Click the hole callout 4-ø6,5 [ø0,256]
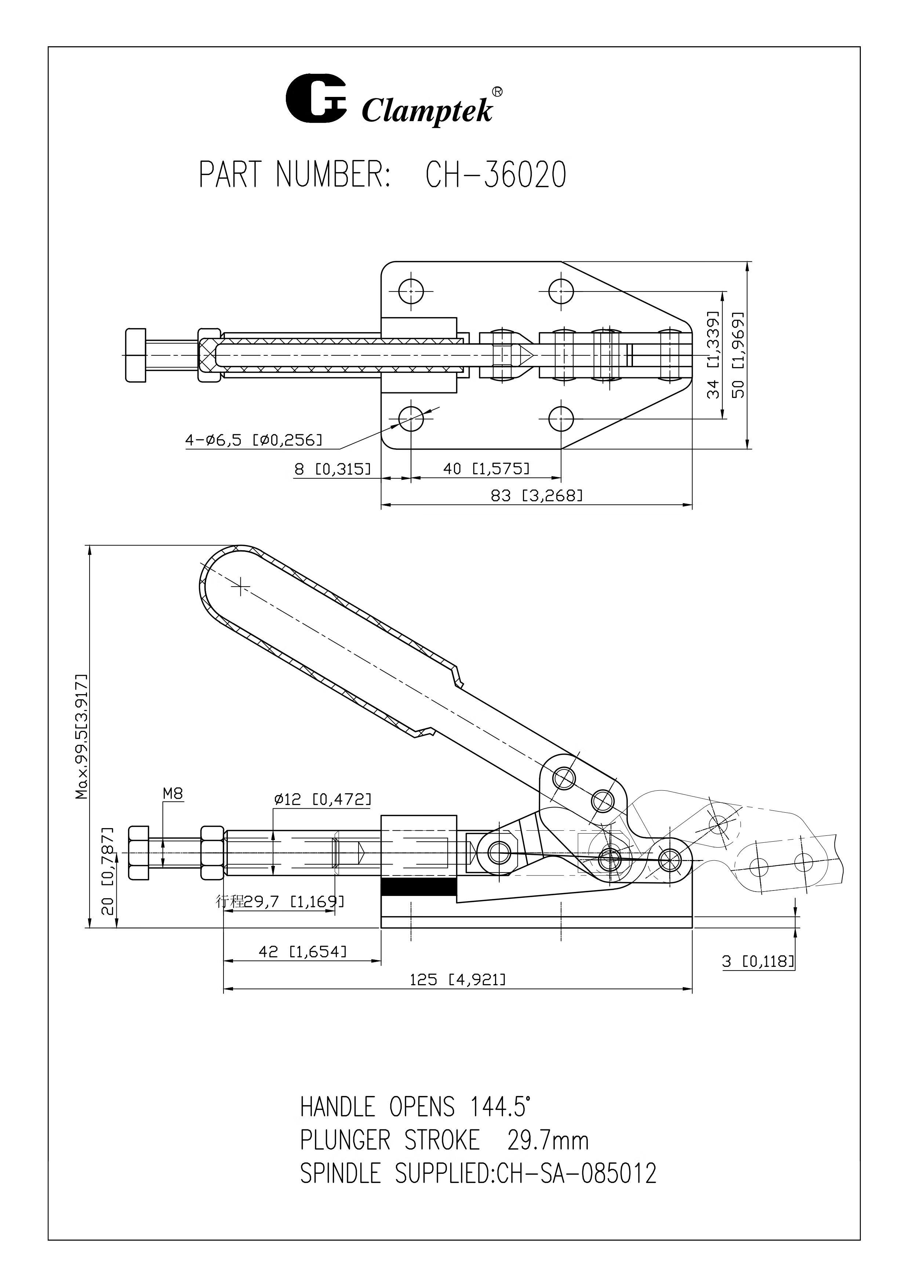click(x=254, y=440)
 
